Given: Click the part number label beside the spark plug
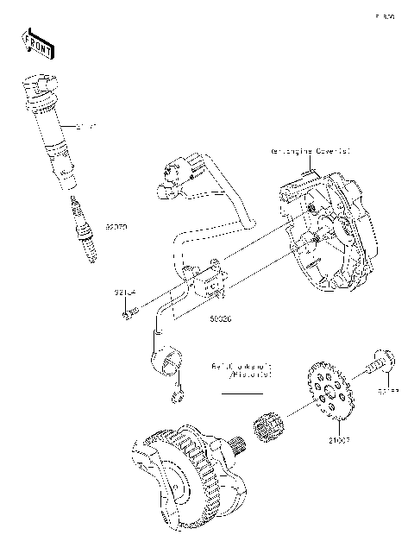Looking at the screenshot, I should (x=116, y=228).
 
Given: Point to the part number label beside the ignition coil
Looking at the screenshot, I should (x=85, y=127).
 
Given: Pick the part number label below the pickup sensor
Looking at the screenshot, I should (x=222, y=317).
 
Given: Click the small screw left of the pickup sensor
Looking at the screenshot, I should (x=129, y=314).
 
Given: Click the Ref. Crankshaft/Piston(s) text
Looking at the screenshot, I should (x=241, y=371).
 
